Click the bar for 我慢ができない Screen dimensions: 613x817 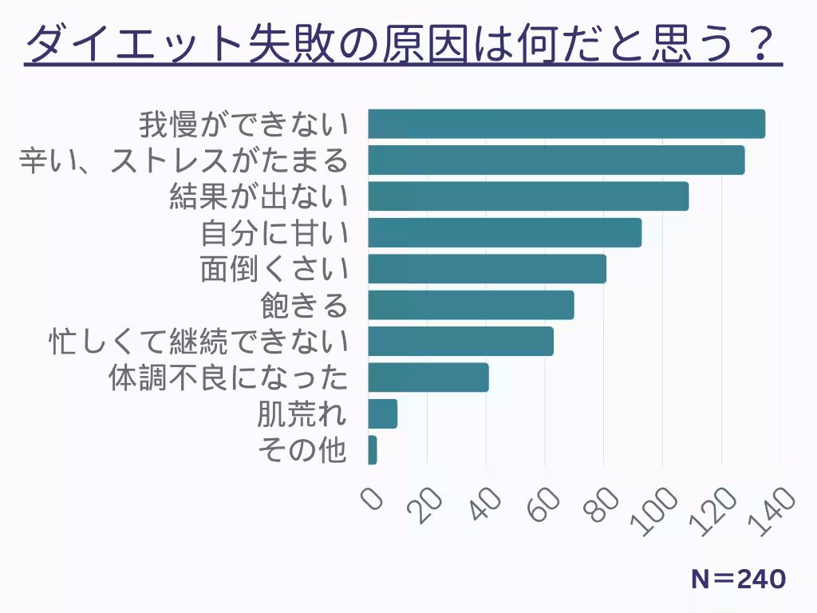pyautogui.click(x=566, y=124)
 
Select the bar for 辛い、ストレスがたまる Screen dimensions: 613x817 pyautogui.click(x=556, y=160)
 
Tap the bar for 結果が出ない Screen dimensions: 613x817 pyautogui.click(x=528, y=196)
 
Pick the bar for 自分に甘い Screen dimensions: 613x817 pyautogui.click(x=505, y=232)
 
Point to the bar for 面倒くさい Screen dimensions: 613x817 pyautogui.click(x=487, y=269)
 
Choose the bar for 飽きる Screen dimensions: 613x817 pyautogui.click(x=471, y=305)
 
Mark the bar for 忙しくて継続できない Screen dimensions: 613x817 pyautogui.click(x=460, y=341)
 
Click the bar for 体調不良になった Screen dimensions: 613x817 pyautogui.click(x=428, y=378)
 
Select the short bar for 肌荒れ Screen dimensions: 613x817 pyautogui.click(x=383, y=413)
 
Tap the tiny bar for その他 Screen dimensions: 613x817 pyautogui.click(x=373, y=450)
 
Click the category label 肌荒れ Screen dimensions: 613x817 pyautogui.click(x=302, y=414)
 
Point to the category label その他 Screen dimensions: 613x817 pyautogui.click(x=302, y=450)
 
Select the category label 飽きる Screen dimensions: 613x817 pyautogui.click(x=305, y=305)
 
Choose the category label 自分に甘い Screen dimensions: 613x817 pyautogui.click(x=274, y=233)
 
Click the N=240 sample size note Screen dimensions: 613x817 pyautogui.click(x=738, y=579)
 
